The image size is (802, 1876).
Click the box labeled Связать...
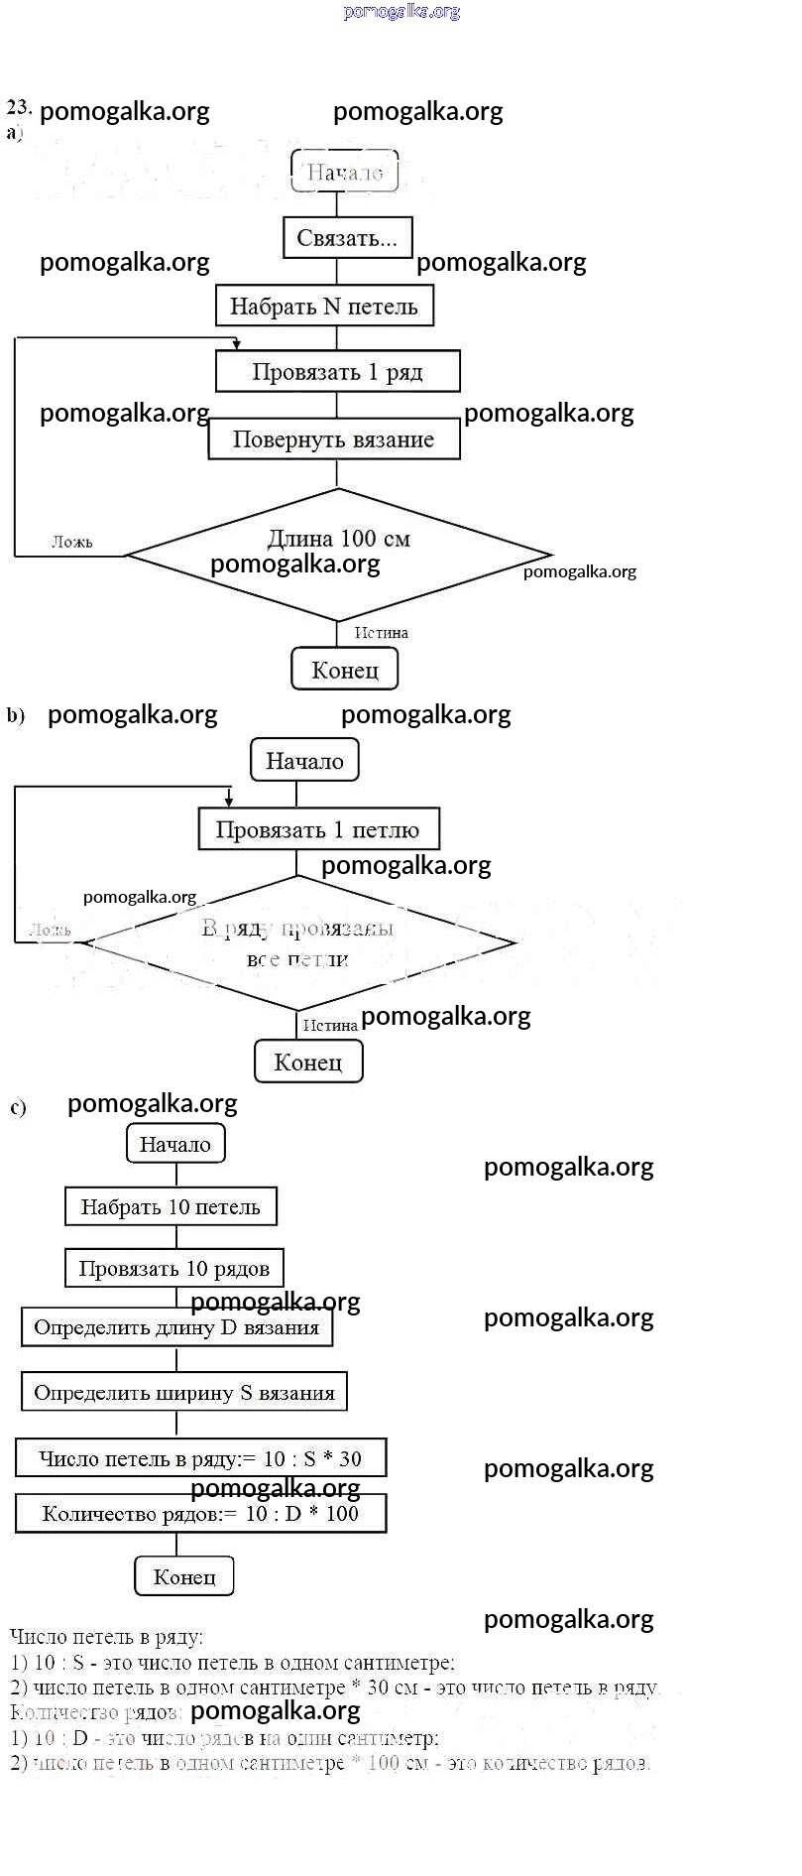(x=347, y=238)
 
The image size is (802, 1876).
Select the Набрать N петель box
(x=324, y=306)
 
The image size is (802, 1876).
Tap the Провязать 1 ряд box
(x=337, y=372)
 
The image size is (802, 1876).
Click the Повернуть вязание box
(x=333, y=439)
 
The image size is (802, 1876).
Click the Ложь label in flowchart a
(x=72, y=542)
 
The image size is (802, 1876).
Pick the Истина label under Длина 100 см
(x=381, y=632)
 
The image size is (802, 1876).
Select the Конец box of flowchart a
(x=344, y=670)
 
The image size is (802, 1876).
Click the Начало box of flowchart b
(x=304, y=761)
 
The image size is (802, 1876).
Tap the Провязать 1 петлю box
(x=318, y=829)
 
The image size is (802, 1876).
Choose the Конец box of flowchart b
(x=308, y=1062)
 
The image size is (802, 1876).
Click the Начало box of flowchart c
(x=175, y=1144)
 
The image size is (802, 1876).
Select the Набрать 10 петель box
(x=171, y=1206)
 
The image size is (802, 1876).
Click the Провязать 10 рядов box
(x=174, y=1268)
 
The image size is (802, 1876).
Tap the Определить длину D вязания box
(x=176, y=1327)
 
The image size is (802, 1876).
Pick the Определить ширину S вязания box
(x=184, y=1392)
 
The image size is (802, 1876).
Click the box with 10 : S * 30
(x=200, y=1458)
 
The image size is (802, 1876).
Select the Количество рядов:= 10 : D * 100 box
(x=200, y=1514)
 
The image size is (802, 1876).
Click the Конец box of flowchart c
(x=184, y=1575)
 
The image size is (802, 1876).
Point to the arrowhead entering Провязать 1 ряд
(x=236, y=345)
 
